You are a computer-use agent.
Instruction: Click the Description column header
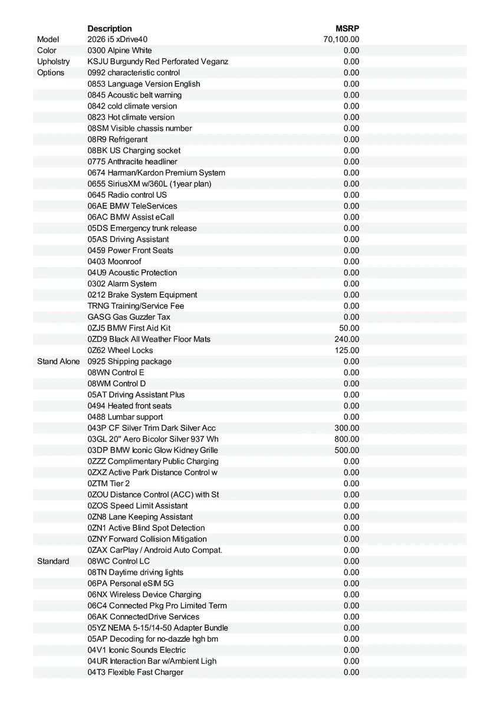tap(110, 28)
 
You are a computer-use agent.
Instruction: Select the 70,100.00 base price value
tap(341, 40)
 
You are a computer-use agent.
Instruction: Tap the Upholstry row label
tap(53, 61)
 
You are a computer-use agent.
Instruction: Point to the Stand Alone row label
tap(58, 361)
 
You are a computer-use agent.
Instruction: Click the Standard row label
tap(53, 561)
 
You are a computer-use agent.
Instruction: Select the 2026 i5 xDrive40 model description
tap(117, 40)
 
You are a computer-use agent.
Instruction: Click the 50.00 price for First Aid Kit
tap(349, 328)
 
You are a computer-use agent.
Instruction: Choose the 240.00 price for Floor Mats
tap(347, 339)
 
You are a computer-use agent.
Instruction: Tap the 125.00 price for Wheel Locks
tap(347, 350)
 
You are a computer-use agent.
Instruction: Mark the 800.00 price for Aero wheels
tap(347, 439)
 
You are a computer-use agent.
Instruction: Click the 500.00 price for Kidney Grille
tap(347, 450)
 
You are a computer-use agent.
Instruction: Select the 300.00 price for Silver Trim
tap(347, 428)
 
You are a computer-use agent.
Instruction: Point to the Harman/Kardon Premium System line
tap(156, 173)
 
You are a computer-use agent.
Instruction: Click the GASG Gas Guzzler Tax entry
tap(129, 317)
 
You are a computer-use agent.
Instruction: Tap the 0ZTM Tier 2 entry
tap(108, 483)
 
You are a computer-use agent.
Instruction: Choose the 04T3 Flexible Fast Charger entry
tap(136, 672)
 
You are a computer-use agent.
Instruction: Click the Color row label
tap(47, 51)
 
